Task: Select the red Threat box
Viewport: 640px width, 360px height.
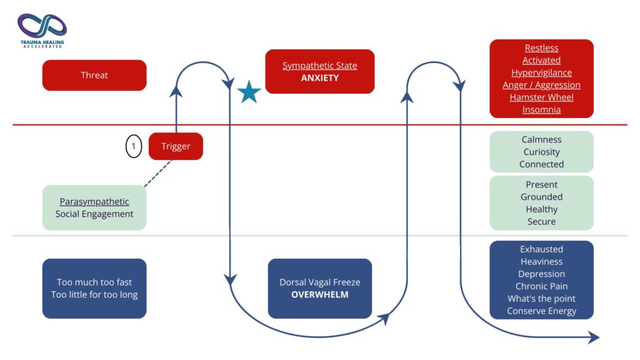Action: click(x=94, y=75)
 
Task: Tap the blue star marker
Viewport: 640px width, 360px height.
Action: click(x=249, y=92)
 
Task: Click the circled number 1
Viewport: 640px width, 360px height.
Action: click(x=134, y=146)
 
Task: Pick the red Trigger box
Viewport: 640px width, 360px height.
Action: click(x=176, y=146)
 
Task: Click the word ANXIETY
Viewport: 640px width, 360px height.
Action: click(x=319, y=78)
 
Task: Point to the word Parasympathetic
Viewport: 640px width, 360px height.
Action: click(x=94, y=202)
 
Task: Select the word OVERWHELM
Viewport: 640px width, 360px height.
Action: click(x=319, y=295)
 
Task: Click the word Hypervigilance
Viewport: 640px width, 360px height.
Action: click(x=541, y=72)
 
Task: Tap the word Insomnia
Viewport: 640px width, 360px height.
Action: click(x=541, y=110)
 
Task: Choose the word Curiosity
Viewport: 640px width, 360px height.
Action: click(x=541, y=152)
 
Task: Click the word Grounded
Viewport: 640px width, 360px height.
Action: click(x=541, y=197)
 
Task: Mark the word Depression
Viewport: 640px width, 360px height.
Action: click(x=541, y=274)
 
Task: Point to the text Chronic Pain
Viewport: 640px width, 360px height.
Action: click(x=541, y=286)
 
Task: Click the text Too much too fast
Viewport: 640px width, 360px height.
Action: click(x=94, y=282)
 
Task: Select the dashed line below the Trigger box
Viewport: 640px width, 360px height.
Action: click(x=158, y=174)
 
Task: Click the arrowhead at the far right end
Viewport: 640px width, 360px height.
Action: click(x=594, y=337)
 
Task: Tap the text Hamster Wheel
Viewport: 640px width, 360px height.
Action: click(x=541, y=97)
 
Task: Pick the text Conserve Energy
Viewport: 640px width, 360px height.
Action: click(x=541, y=311)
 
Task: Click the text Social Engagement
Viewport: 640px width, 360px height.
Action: click(x=94, y=214)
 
